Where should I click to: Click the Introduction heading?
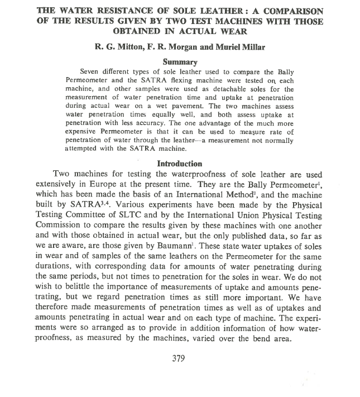pyautogui.click(x=180, y=164)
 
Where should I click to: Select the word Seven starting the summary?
pyautogui.click(x=91, y=71)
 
